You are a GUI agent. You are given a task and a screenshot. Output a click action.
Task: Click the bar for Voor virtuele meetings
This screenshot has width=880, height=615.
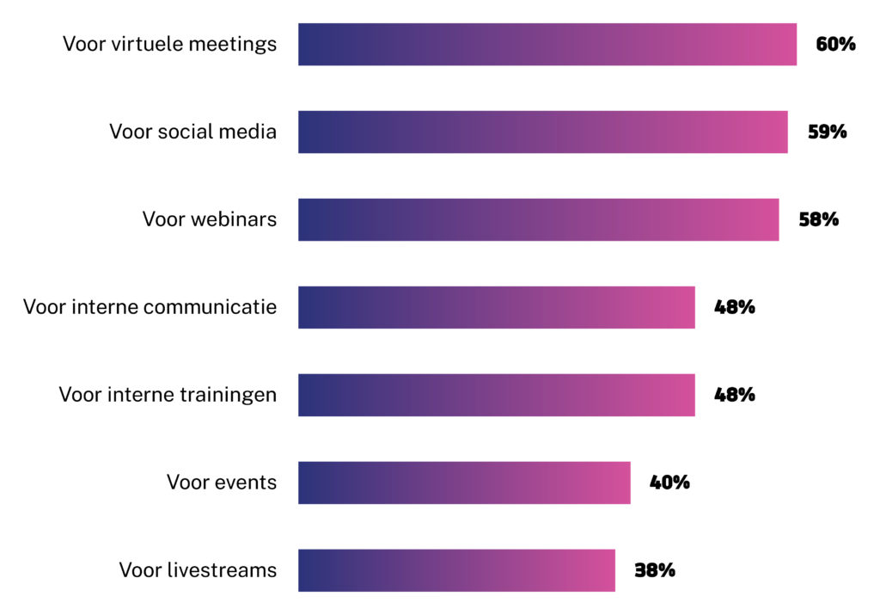tap(547, 44)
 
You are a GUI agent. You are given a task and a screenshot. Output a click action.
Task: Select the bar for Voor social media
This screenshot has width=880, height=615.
tap(542, 132)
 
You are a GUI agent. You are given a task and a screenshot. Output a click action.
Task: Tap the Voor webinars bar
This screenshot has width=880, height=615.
tap(538, 219)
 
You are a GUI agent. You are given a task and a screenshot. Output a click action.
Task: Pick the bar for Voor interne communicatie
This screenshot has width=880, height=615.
tap(496, 307)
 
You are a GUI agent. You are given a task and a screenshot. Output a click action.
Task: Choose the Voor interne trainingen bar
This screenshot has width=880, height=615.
tap(496, 395)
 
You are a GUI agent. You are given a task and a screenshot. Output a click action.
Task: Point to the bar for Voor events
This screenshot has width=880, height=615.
tap(464, 483)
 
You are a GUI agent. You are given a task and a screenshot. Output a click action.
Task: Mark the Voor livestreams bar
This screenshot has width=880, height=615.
tap(456, 570)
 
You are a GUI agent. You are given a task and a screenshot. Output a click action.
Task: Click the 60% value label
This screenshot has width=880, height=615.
tap(835, 44)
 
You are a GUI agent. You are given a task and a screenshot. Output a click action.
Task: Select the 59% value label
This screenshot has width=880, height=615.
tap(827, 132)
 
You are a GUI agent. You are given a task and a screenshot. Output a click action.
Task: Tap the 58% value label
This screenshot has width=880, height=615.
tap(818, 219)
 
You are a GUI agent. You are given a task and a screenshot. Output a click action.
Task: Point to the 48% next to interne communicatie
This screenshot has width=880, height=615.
tap(734, 307)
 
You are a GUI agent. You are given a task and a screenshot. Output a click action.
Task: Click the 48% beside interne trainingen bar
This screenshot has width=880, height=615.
tap(734, 395)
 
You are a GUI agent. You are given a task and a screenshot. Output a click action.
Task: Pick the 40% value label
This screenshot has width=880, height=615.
tap(669, 483)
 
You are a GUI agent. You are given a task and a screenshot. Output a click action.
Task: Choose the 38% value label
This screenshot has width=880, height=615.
tap(654, 570)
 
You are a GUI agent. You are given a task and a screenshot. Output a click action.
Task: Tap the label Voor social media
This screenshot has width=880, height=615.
tap(192, 132)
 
